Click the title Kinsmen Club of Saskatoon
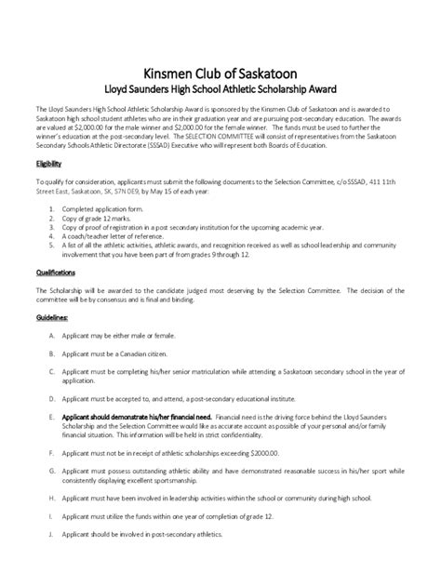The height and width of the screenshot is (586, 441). click(220, 74)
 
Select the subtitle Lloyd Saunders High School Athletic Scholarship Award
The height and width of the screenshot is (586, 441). click(220, 91)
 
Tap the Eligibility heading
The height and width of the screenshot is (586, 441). click(48, 163)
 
